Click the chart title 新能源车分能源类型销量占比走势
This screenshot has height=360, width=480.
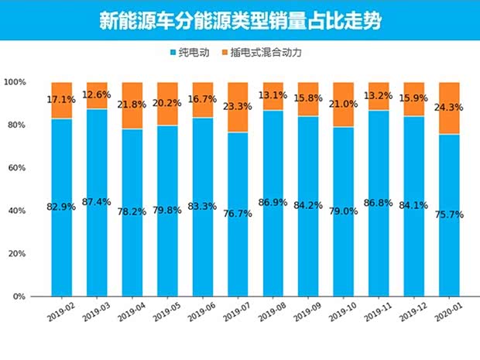(x=240, y=21)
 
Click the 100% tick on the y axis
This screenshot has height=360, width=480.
(x=15, y=82)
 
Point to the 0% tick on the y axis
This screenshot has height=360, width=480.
(x=19, y=297)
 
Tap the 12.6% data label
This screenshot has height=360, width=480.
(x=97, y=95)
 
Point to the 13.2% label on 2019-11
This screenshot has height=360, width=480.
(x=379, y=96)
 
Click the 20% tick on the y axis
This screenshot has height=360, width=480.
(x=17, y=254)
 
